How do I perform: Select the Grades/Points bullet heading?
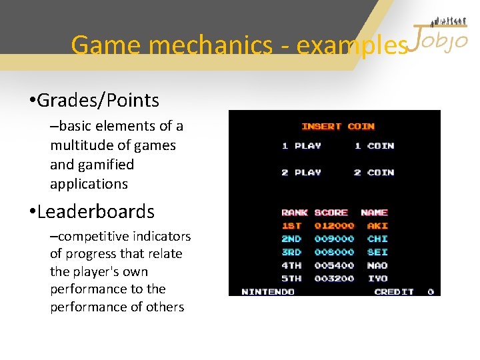98,101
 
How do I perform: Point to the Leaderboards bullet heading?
95,212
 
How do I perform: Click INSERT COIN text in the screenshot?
338,127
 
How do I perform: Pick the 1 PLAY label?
301,146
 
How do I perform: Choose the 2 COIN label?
374,173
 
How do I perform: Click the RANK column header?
294,213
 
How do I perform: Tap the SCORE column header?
331,213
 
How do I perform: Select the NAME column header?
374,213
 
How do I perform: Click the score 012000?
334,226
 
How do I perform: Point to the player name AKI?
377,226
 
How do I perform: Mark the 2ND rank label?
291,239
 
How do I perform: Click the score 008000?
334,252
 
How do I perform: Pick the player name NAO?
377,265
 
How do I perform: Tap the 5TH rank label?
291,279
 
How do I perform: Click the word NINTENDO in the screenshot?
268,291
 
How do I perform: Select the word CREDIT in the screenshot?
394,291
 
